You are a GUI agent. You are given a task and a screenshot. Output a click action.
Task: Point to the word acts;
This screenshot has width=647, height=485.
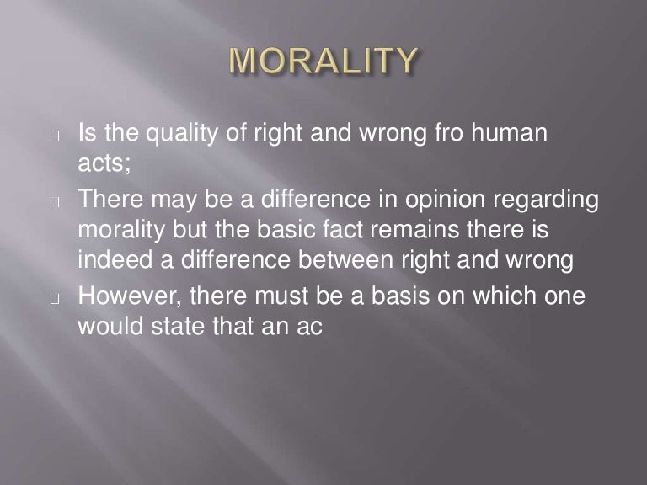point(104,164)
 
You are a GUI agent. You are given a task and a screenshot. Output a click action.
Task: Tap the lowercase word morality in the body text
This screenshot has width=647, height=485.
point(124,231)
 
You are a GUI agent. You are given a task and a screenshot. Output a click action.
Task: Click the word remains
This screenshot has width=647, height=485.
point(409,231)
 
